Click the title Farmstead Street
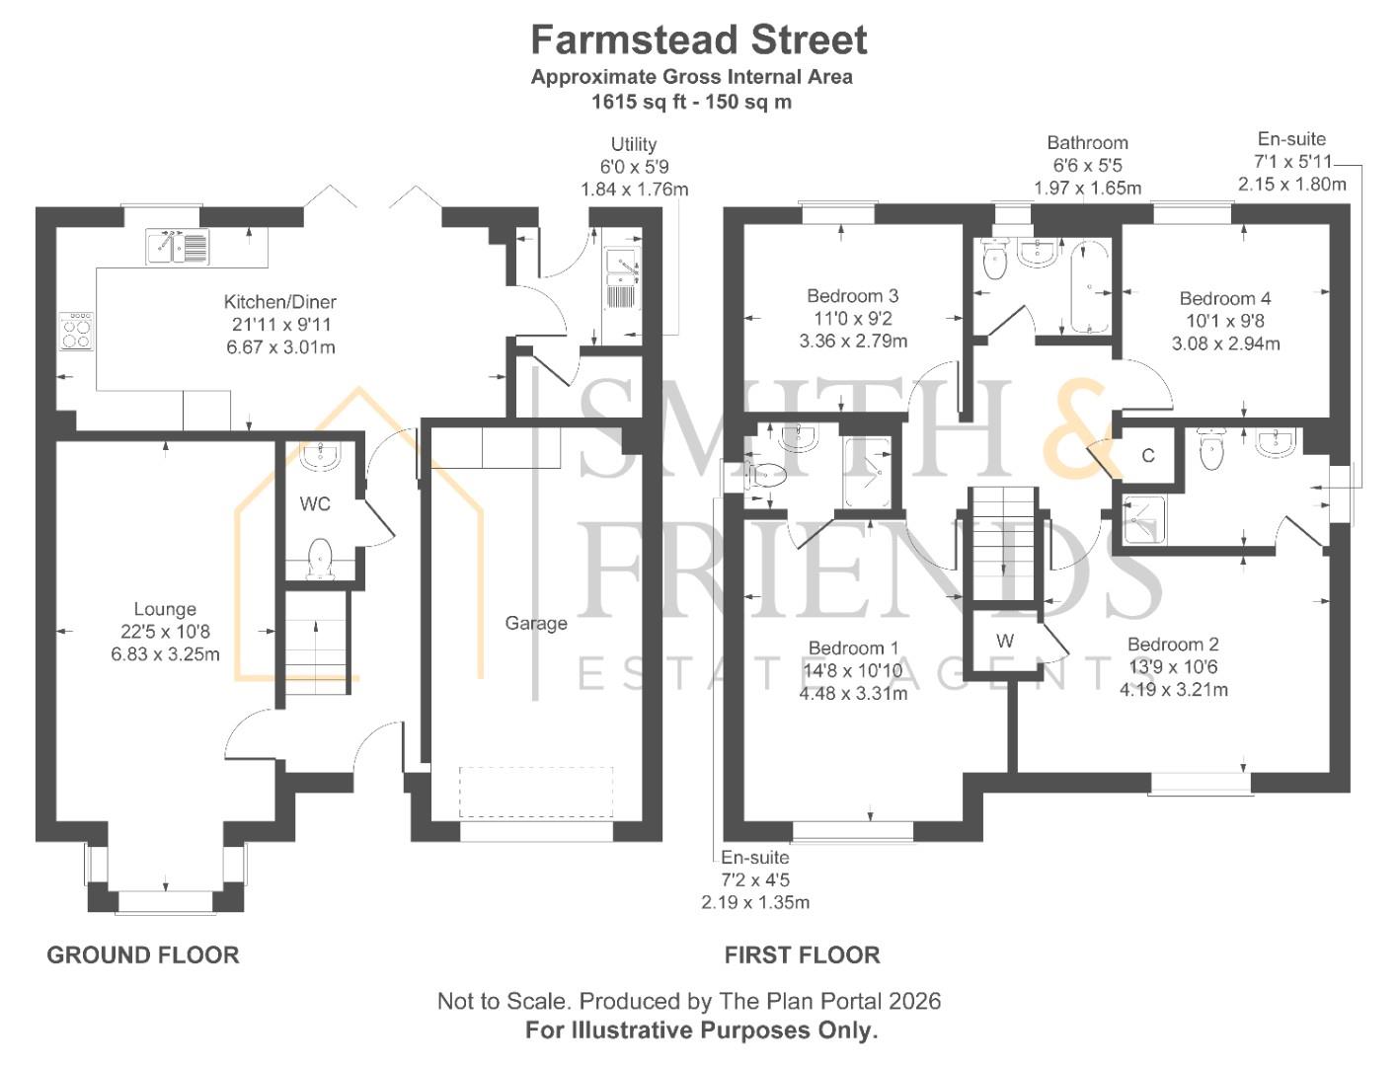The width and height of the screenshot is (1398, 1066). pyautogui.click(x=698, y=39)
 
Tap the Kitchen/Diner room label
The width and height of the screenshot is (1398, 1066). pyautogui.click(x=279, y=302)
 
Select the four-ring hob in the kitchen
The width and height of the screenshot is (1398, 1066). pyautogui.click(x=76, y=331)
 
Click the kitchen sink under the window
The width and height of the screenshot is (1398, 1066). pyautogui.click(x=177, y=246)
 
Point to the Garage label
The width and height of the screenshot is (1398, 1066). pyautogui.click(x=536, y=623)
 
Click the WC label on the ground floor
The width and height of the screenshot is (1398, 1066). pyautogui.click(x=315, y=504)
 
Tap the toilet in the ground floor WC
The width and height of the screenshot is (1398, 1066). pyautogui.click(x=320, y=559)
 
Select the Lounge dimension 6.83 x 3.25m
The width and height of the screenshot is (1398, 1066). pyautogui.click(x=165, y=654)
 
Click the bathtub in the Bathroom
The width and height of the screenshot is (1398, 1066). pyautogui.click(x=1090, y=286)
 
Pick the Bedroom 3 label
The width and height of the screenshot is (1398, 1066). pyautogui.click(x=852, y=296)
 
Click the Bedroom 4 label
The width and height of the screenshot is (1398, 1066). pyautogui.click(x=1225, y=299)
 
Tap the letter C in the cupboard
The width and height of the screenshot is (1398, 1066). pyautogui.click(x=1148, y=456)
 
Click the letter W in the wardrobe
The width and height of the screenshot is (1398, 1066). pyautogui.click(x=1005, y=641)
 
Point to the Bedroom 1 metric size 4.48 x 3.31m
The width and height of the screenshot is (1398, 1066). pyautogui.click(x=853, y=694)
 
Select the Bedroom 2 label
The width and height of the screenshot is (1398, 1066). pyautogui.click(x=1173, y=645)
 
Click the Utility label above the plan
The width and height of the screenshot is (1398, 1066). pyautogui.click(x=634, y=144)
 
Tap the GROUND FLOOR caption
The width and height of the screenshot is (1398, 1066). pyautogui.click(x=143, y=955)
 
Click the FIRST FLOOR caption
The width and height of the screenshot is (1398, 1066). pyautogui.click(x=803, y=955)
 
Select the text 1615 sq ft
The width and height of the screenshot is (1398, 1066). pyautogui.click(x=638, y=102)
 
